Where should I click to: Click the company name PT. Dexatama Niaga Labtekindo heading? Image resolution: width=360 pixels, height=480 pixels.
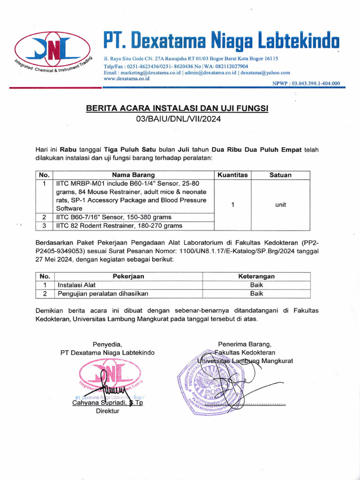point(220,42)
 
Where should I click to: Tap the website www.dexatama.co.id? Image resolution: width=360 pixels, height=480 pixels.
point(126,79)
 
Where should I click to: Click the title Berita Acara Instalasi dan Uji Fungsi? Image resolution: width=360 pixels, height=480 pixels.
point(177,109)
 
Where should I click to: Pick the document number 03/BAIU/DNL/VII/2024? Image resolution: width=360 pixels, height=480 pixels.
point(178,119)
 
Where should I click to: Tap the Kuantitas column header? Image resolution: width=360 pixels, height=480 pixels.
point(232,175)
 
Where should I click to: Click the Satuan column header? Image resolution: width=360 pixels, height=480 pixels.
point(280,175)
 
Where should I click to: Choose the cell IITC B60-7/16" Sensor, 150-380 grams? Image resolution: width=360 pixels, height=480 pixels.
point(113,217)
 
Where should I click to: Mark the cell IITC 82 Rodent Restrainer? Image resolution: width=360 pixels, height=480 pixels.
point(119,226)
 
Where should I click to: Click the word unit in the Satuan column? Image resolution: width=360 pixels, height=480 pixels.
point(281,205)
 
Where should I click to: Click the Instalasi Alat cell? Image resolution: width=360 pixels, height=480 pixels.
point(76,285)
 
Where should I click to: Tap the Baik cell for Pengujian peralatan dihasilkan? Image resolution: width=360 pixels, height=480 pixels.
point(256,294)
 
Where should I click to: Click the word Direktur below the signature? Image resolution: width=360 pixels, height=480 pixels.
point(107,411)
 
